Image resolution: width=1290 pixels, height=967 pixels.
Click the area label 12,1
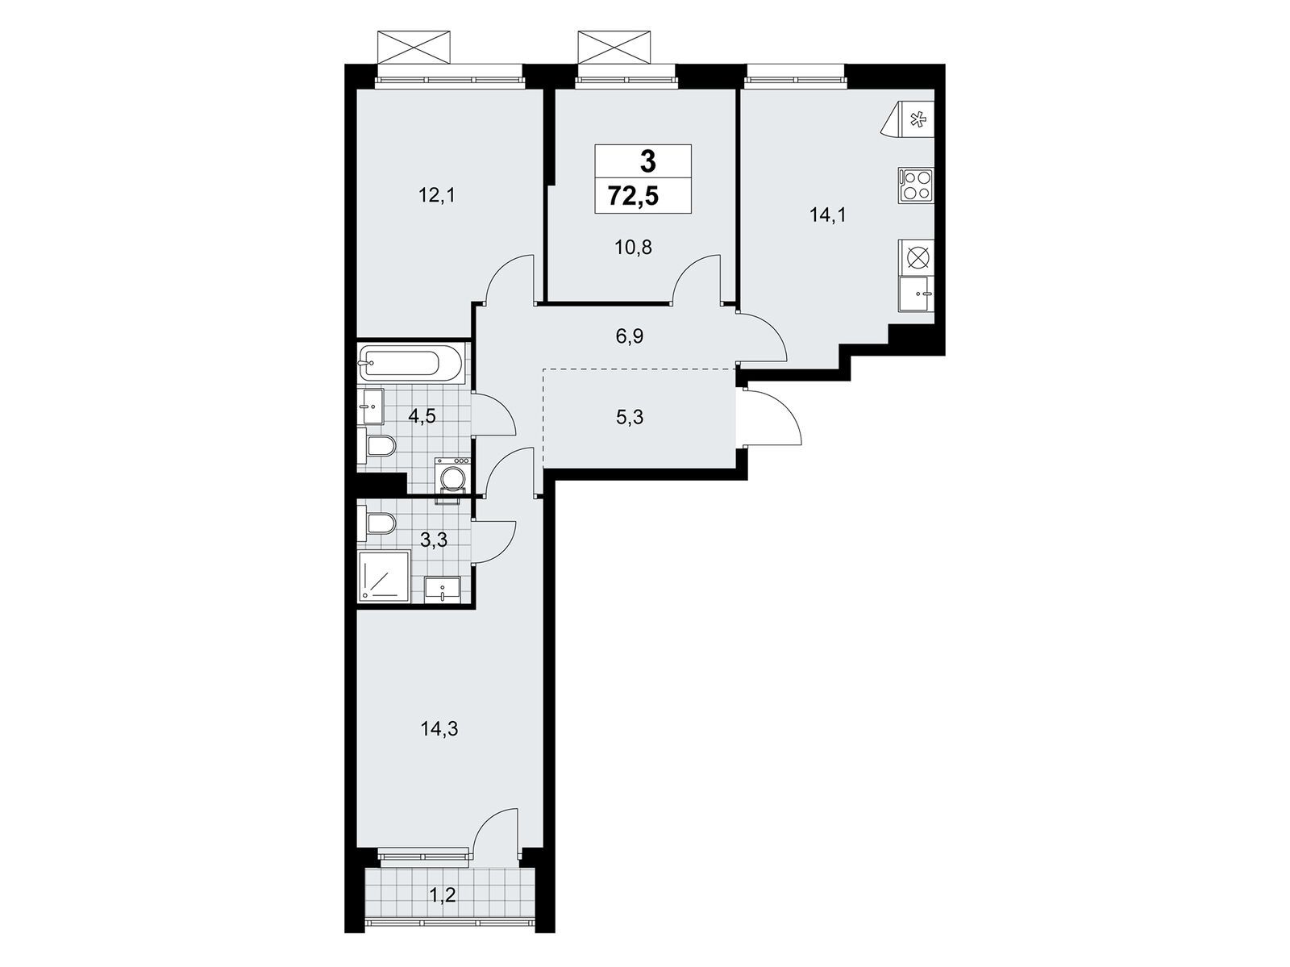coord(437,195)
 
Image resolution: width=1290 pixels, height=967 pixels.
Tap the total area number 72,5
coord(633,196)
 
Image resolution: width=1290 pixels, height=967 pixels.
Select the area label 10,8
coord(633,248)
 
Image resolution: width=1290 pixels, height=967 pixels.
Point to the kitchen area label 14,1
coord(827,215)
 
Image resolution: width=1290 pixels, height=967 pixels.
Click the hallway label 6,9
coord(630,336)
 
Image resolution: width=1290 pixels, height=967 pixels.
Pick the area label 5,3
coord(630,418)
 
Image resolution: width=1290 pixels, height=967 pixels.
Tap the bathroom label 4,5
coord(422,416)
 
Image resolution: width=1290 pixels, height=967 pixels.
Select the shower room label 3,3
coord(434,539)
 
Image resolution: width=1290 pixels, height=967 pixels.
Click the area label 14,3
coord(439,729)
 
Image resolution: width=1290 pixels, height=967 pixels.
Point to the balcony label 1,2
coord(443,895)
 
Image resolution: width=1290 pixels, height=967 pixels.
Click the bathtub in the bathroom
coord(400,363)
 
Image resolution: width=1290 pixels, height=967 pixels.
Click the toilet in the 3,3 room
coord(377,523)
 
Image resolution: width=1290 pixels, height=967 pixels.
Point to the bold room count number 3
coord(647,161)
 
